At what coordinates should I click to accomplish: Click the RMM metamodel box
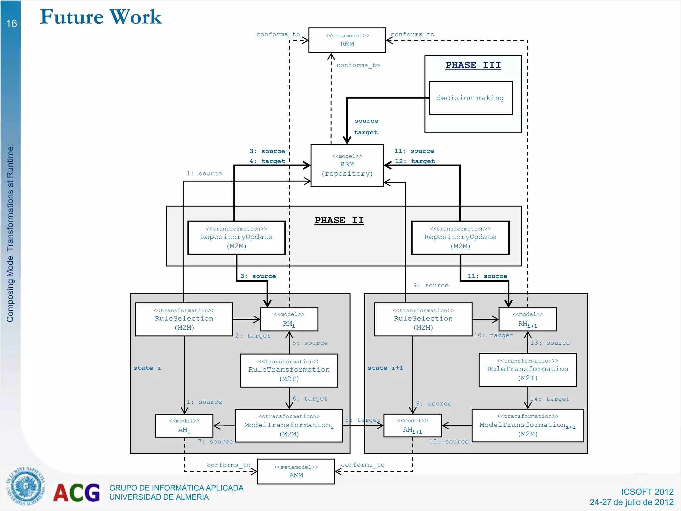click(347, 40)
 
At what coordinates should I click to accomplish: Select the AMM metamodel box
click(296, 471)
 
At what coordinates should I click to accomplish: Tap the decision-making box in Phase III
click(471, 98)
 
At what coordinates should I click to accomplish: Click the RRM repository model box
click(347, 165)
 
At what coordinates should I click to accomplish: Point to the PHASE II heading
click(339, 220)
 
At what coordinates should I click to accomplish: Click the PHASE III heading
click(473, 65)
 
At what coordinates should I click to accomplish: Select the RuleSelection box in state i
click(184, 319)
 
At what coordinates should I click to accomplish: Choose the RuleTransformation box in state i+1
click(527, 370)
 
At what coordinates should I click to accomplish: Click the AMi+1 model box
click(412, 426)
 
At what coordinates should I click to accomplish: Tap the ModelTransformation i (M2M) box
click(289, 426)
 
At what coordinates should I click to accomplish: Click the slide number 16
click(11, 24)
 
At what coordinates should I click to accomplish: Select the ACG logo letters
click(77, 493)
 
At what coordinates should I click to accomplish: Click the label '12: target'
click(415, 161)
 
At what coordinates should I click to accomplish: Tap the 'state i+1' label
click(385, 368)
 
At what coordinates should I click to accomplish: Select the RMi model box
click(289, 319)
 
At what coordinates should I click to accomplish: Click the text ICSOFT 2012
click(647, 492)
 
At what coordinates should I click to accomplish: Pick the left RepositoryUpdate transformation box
click(236, 238)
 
